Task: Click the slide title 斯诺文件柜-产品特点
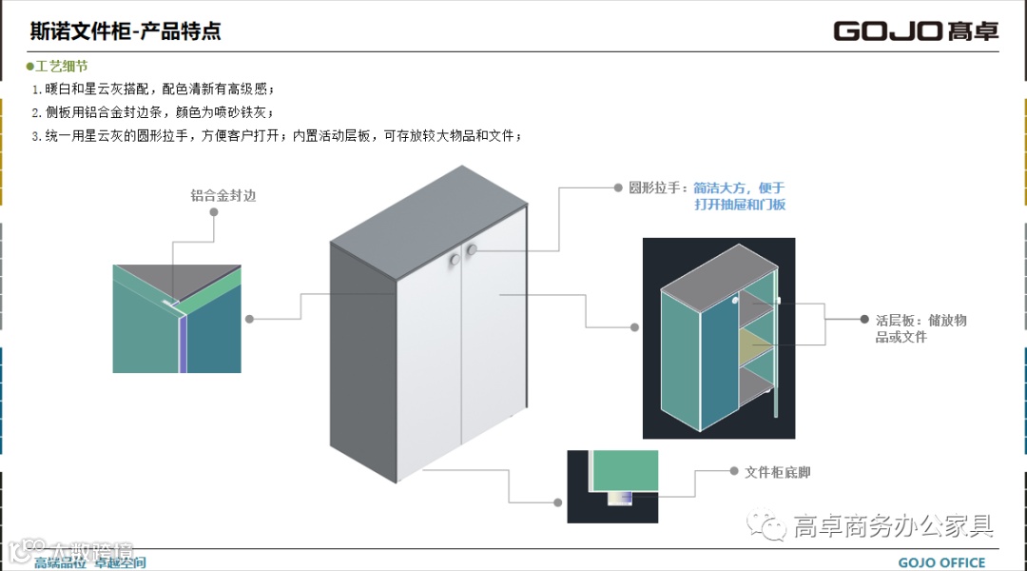pos(126,30)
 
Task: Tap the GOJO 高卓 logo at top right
pos(916,30)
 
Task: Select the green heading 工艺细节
pos(61,67)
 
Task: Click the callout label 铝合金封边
pos(223,195)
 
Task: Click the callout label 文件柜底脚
pos(777,472)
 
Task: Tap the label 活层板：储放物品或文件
pos(920,328)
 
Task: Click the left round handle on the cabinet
pos(453,258)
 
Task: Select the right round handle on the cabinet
pos(472,250)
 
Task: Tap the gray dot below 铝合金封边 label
pos(214,212)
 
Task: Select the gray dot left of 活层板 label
pos(864,320)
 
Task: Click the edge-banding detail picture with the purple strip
pos(176,319)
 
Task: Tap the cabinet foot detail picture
pos(612,486)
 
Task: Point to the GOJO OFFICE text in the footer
pos(941,562)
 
